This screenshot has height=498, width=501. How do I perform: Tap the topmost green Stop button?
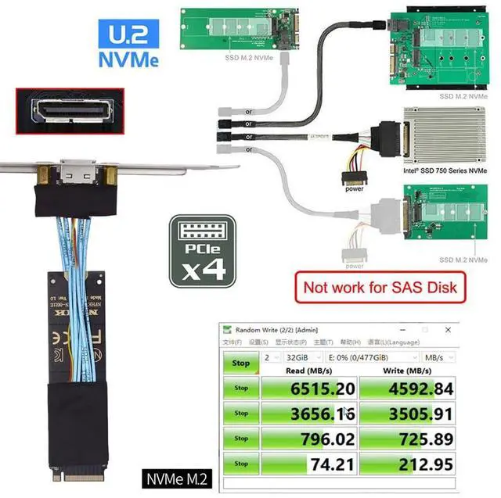tap(241, 362)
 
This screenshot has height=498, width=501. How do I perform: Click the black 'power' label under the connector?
tap(354, 188)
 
